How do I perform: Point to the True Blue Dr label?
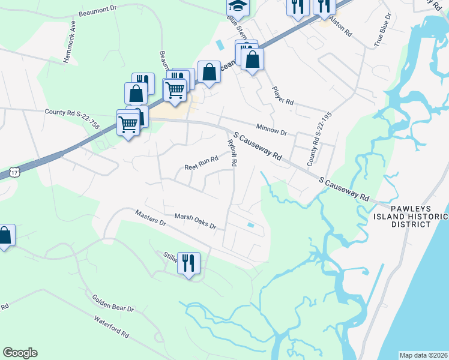pos(382,29)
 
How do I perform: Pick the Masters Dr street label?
pos(150,217)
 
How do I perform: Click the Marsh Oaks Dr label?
pos(195,221)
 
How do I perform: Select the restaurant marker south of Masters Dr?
pos(188,263)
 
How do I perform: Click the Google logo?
pos(20,353)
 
